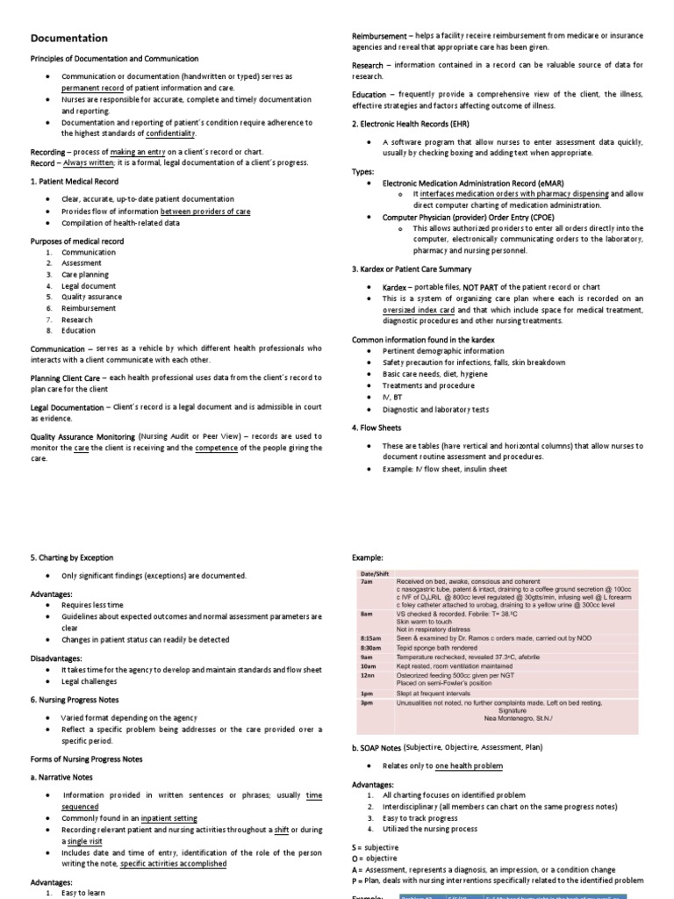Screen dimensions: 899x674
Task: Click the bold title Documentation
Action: pos(69,39)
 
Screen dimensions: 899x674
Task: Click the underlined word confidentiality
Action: pos(171,133)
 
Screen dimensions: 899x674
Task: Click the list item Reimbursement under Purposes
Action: pos(89,308)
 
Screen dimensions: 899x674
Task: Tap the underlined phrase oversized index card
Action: pos(420,310)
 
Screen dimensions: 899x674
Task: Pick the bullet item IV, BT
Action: pos(393,397)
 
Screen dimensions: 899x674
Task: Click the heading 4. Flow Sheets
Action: pos(376,428)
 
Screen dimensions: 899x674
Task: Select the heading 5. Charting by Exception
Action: pos(72,557)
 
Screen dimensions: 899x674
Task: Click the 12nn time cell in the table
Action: pos(367,674)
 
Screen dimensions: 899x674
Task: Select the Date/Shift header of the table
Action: pos(375,573)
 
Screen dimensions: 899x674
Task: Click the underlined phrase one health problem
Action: pos(470,766)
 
